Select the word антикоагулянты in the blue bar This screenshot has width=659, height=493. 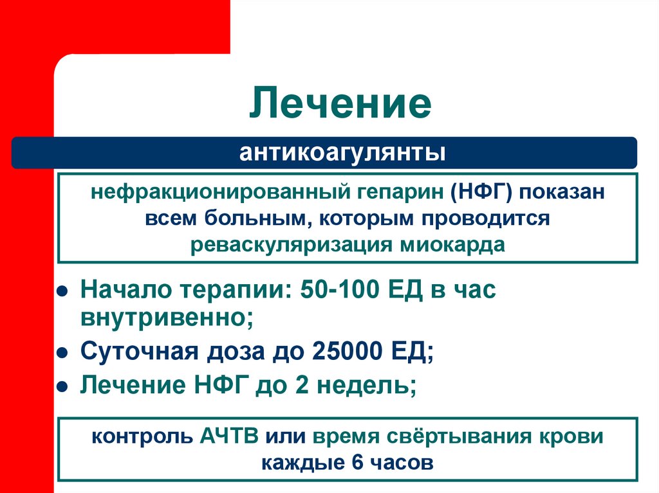[x=342, y=153]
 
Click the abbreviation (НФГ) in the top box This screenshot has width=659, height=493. [x=477, y=192]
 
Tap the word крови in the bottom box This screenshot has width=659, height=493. [x=570, y=436]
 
